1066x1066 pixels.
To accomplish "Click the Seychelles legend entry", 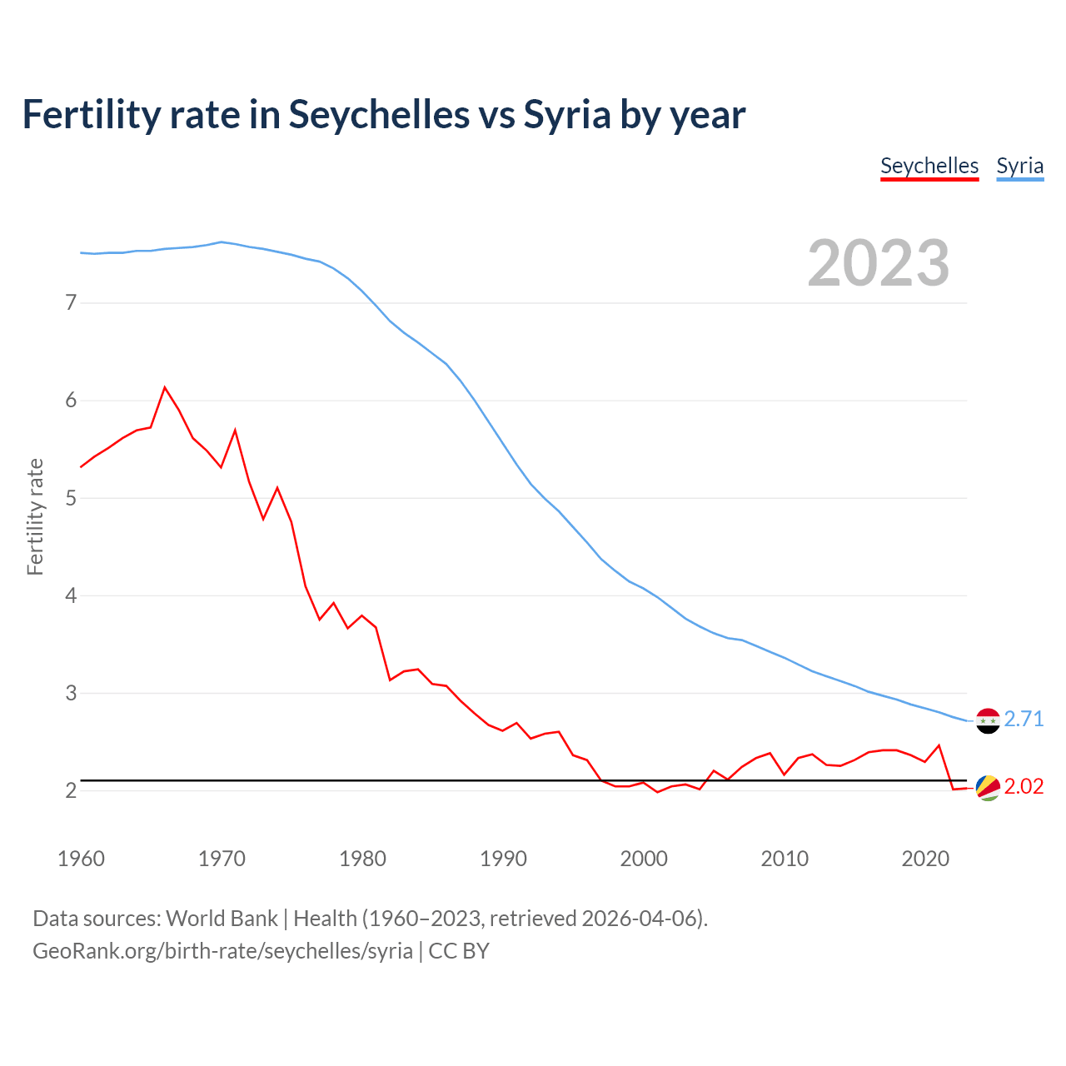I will pos(929,166).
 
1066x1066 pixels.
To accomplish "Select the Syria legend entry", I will pos(1019,166).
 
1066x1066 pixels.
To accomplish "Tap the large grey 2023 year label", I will pos(878,263).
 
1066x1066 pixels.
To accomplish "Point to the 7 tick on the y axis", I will pos(71,302).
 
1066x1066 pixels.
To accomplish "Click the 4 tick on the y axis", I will pos(71,595).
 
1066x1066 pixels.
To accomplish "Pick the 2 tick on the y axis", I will pos(71,790).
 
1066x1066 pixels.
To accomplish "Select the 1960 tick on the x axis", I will pos(81,859).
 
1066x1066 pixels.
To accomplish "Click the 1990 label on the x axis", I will pos(503,859).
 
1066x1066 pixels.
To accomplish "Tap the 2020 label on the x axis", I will pos(925,859).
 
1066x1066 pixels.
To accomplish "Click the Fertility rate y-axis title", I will pos(35,516).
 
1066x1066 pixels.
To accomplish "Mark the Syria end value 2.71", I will pos(1024,719).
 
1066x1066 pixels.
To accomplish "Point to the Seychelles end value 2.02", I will pos(1024,787).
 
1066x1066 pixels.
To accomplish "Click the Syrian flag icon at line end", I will pos(988,720).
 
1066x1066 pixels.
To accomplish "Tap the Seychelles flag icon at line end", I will pos(988,788).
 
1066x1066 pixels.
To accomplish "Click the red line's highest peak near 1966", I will pos(165,387).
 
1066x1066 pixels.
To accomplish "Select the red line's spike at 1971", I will pos(236,431).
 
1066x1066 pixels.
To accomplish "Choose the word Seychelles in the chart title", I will pos(379,114).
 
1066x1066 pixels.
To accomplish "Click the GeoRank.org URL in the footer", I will pos(222,951).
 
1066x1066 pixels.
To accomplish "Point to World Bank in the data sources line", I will pos(222,919).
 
